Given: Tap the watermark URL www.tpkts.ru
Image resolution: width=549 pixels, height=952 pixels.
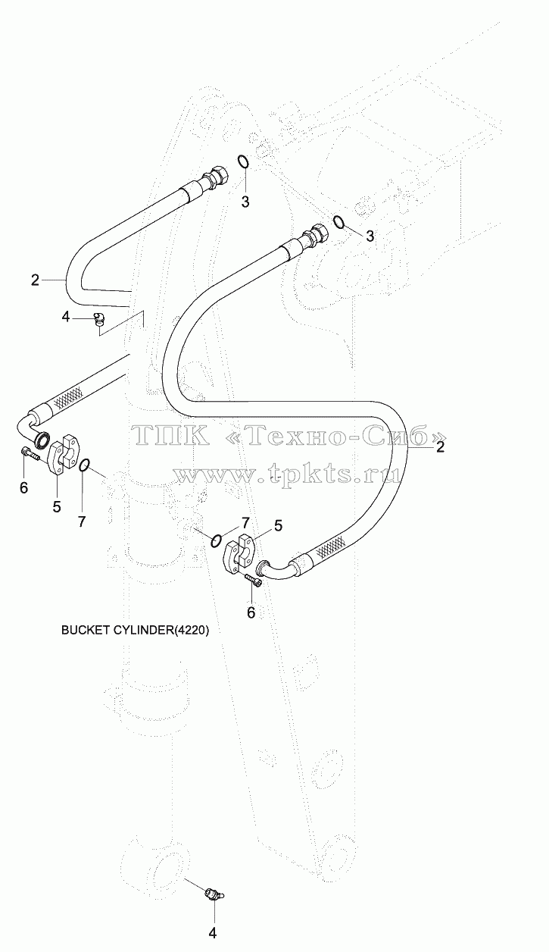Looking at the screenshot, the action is [288, 474].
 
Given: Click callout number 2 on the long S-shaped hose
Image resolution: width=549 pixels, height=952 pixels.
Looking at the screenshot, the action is [440, 447].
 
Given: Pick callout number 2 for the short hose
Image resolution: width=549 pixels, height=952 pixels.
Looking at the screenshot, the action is [36, 280].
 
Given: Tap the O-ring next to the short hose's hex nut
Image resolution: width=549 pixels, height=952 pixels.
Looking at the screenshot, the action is [242, 161].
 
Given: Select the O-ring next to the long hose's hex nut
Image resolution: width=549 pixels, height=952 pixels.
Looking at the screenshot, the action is [338, 221].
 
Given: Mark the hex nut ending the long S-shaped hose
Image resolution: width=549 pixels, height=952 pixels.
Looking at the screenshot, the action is [320, 233].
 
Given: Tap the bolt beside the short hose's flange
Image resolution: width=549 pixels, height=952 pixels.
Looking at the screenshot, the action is [30, 454].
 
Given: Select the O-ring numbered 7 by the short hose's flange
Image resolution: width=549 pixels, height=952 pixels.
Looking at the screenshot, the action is [84, 465].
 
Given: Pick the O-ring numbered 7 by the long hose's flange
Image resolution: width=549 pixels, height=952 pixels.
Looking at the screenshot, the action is [217, 540].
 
